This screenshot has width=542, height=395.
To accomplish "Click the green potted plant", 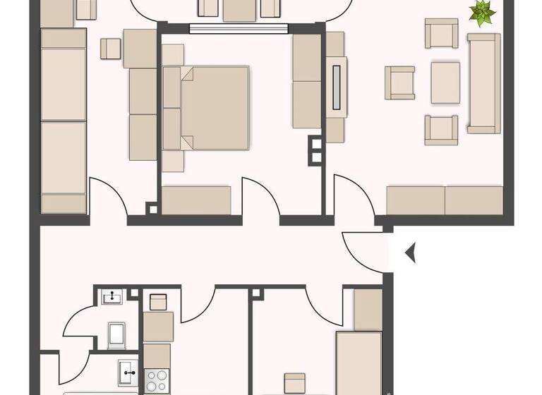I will pyautogui.click(x=483, y=13).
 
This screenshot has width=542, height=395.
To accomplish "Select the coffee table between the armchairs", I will pyautogui.click(x=445, y=82).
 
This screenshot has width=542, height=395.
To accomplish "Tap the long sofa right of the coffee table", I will pyautogui.click(x=483, y=83).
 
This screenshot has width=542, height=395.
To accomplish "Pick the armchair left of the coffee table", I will pyautogui.click(x=399, y=83).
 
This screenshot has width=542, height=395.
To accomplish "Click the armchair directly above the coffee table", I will pyautogui.click(x=441, y=34).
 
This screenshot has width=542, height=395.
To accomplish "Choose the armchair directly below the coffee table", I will pyautogui.click(x=441, y=130).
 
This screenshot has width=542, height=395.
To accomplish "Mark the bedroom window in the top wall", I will pyautogui.click(x=240, y=29).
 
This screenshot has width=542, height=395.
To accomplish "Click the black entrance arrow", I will pyautogui.click(x=410, y=252).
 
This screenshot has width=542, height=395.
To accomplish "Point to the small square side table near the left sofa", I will pyautogui.click(x=111, y=49).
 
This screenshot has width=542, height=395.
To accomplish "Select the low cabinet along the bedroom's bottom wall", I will pyautogui.click(x=197, y=200).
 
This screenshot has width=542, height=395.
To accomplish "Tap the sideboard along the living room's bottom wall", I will pyautogui.click(x=445, y=200).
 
